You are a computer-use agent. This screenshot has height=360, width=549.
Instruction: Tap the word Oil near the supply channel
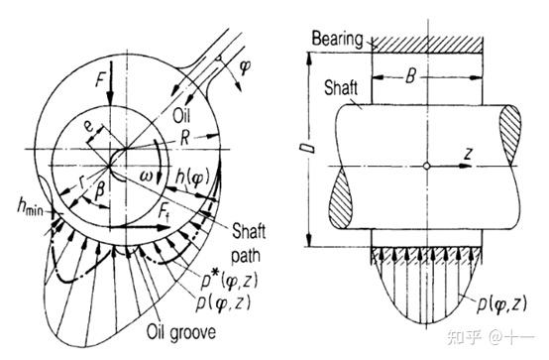tap(181, 116)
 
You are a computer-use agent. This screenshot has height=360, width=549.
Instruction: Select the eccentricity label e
tap(89, 126)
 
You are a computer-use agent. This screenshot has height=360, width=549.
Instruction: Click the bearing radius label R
tap(184, 139)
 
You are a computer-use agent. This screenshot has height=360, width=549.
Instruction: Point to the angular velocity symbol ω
tap(147, 176)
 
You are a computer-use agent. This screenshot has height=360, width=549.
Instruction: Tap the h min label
tap(31, 206)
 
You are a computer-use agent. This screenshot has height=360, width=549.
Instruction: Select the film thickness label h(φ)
tap(192, 178)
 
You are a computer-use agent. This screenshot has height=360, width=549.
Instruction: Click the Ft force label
tap(164, 211)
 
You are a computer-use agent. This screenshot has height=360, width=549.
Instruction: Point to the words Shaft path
tap(248, 243)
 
